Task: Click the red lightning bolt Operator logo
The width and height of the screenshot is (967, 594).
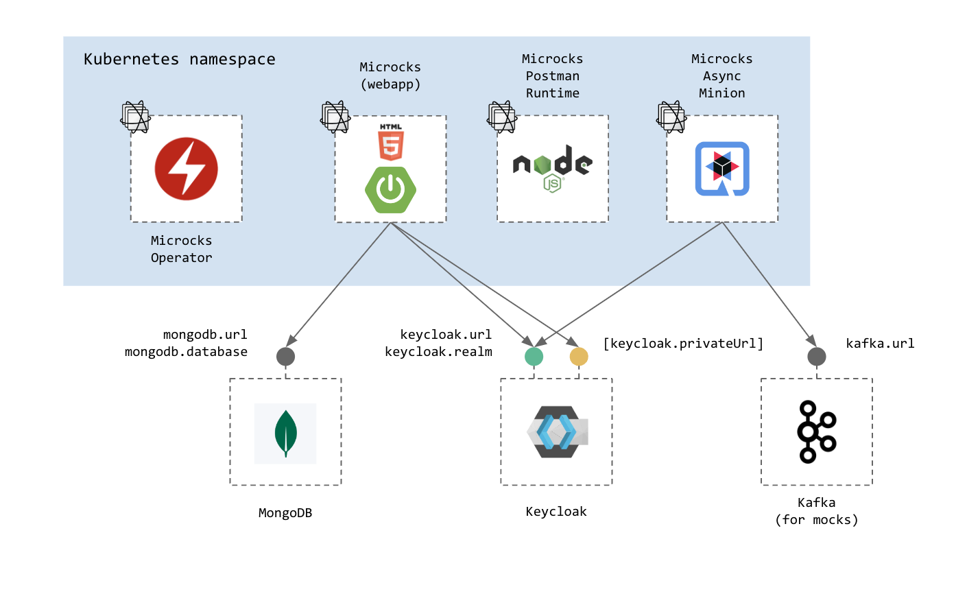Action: (186, 169)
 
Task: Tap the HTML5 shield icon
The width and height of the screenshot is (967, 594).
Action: (391, 143)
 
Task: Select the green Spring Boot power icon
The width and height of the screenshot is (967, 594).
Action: (390, 189)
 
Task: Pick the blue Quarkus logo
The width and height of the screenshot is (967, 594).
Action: (721, 169)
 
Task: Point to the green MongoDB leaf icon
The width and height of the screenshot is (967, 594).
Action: (285, 433)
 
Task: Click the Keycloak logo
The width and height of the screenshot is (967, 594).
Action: (556, 432)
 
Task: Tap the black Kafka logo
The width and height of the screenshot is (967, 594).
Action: (815, 431)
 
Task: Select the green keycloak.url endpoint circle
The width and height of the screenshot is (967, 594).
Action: (534, 357)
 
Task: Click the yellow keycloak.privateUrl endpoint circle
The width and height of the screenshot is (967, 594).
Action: (579, 357)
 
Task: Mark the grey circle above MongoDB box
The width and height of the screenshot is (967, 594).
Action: (285, 357)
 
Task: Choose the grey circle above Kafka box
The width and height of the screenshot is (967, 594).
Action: (816, 357)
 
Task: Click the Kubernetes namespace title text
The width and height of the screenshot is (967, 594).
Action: (180, 60)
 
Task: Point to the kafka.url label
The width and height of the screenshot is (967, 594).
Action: (880, 344)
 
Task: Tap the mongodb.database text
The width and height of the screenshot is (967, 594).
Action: (186, 352)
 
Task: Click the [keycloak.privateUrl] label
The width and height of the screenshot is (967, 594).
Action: (683, 344)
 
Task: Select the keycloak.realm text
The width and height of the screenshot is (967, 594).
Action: (438, 352)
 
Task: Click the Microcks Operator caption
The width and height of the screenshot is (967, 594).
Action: (181, 249)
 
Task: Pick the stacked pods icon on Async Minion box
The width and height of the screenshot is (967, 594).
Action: (671, 117)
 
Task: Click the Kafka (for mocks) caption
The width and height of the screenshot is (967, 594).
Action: (816, 511)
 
